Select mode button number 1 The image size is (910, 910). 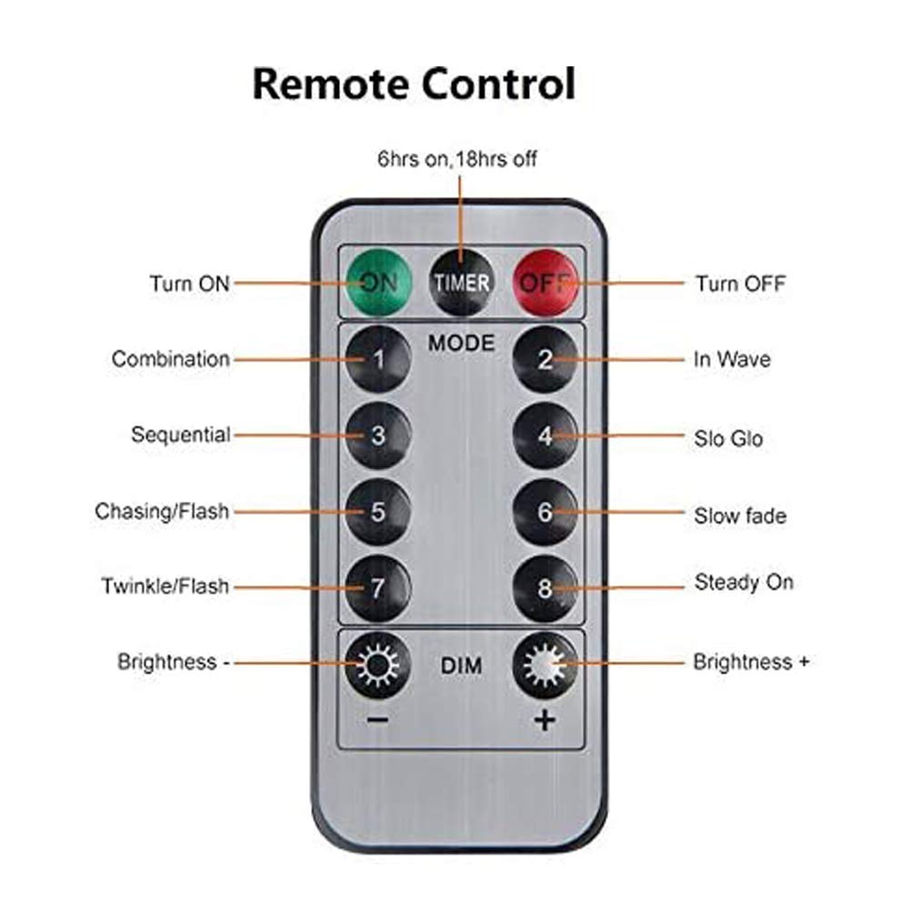click(378, 359)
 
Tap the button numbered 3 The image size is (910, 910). click(378, 435)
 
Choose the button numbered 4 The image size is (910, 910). click(545, 435)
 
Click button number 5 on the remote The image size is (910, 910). click(378, 512)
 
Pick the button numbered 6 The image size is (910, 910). click(545, 512)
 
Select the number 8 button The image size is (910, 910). click(545, 587)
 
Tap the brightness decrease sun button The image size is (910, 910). click(378, 665)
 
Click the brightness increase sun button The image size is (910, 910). click(545, 665)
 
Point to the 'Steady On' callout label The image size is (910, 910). click(744, 582)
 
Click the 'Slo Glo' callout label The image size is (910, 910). click(728, 439)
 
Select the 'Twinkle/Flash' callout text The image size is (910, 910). click(165, 586)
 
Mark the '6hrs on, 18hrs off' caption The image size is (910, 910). click(457, 159)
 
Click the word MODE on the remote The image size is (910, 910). click(462, 343)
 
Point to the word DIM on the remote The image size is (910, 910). click(462, 666)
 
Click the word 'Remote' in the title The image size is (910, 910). click(330, 85)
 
